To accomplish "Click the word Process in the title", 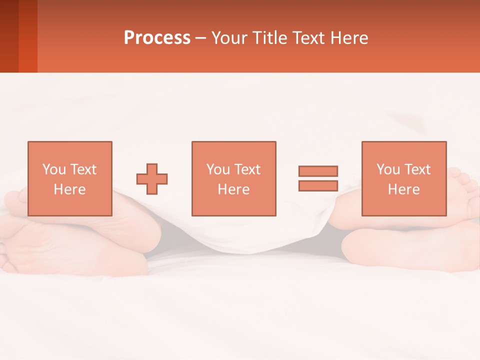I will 157,38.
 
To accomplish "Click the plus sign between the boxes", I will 152,179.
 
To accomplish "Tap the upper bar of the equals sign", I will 318,171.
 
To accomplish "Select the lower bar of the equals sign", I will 318,186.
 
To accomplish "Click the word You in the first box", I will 54,169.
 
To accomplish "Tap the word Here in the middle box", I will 233,189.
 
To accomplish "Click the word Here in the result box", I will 403,189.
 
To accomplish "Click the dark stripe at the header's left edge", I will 9,36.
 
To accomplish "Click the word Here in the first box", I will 69,189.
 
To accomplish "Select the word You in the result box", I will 388,169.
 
